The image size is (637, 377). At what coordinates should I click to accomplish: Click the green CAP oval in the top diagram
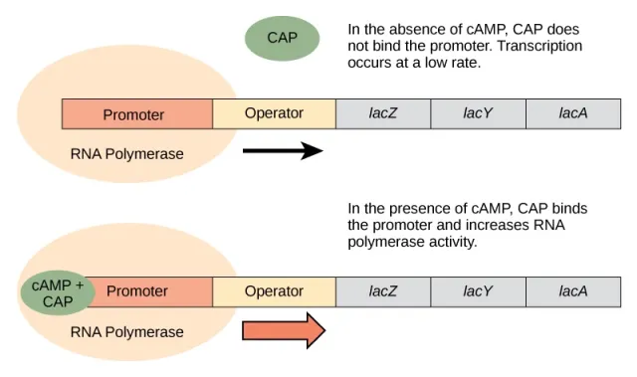pyautogui.click(x=283, y=38)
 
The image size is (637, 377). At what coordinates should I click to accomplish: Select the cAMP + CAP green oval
pyautogui.click(x=58, y=293)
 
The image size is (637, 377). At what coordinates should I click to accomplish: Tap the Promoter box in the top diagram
pyautogui.click(x=136, y=114)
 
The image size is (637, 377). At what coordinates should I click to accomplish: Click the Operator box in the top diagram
pyautogui.click(x=274, y=113)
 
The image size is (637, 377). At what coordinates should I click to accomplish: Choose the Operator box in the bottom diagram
pyautogui.click(x=275, y=291)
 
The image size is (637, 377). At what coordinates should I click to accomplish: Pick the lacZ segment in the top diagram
pyautogui.click(x=383, y=113)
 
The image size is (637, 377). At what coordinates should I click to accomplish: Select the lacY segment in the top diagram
pyautogui.click(x=478, y=113)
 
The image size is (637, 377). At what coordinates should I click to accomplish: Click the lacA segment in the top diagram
pyautogui.click(x=573, y=113)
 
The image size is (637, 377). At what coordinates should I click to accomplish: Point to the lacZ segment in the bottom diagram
pyautogui.click(x=383, y=291)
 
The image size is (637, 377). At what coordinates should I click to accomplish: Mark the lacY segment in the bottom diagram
pyautogui.click(x=478, y=291)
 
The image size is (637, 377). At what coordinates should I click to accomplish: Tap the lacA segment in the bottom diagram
pyautogui.click(x=573, y=291)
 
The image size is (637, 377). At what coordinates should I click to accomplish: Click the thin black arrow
pyautogui.click(x=283, y=151)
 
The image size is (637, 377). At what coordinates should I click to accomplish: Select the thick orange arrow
pyautogui.click(x=284, y=329)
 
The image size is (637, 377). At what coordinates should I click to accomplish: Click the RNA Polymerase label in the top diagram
pyautogui.click(x=126, y=154)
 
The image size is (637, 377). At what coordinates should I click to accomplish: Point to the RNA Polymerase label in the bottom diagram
pyautogui.click(x=126, y=331)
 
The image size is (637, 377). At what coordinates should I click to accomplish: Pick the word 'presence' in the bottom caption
pyautogui.click(x=413, y=209)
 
